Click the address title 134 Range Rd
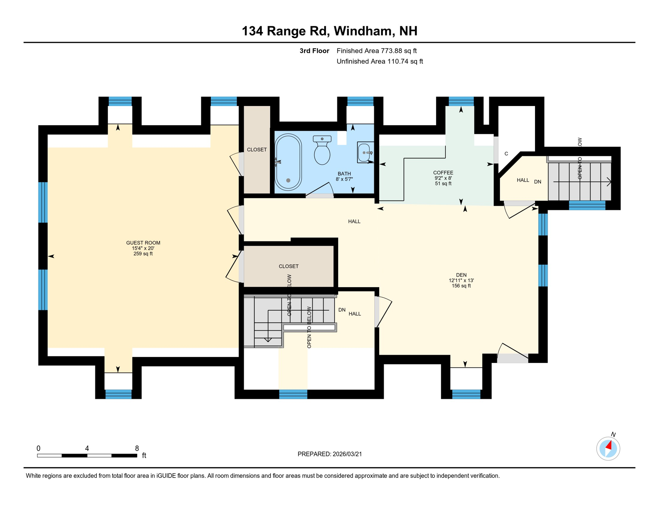(x=329, y=31)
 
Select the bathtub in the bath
(x=288, y=162)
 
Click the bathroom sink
(x=365, y=152)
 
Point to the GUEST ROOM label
(x=143, y=243)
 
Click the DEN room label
(x=461, y=275)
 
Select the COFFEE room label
(x=443, y=173)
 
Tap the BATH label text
(x=344, y=174)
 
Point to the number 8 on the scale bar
(x=137, y=448)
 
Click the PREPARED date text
(x=329, y=454)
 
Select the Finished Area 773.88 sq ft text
(x=376, y=51)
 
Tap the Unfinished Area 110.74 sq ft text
(x=380, y=61)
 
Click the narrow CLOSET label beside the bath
(x=257, y=150)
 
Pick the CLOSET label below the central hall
(x=288, y=266)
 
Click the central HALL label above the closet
(x=354, y=221)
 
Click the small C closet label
(x=506, y=154)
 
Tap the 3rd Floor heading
(x=314, y=51)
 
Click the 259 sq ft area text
(x=143, y=254)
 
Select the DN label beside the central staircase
(x=342, y=310)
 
